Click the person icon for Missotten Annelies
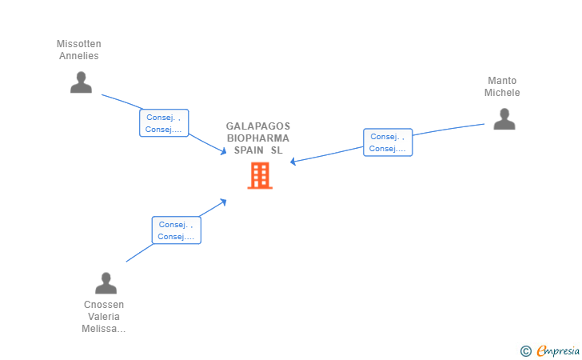[81, 82]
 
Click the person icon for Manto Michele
[504, 119]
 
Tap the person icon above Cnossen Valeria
[106, 283]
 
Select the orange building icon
[259, 175]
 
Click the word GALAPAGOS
[258, 126]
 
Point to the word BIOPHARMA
[258, 138]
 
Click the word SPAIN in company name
[248, 150]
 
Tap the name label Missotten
[78, 44]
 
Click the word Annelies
[78, 56]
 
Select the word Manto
[502, 81]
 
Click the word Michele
[502, 93]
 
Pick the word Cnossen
[104, 305]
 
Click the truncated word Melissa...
[104, 329]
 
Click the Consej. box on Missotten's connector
[164, 123]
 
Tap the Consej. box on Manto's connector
[388, 142]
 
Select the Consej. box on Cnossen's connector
[177, 230]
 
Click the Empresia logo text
[557, 350]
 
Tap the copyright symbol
[525, 350]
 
